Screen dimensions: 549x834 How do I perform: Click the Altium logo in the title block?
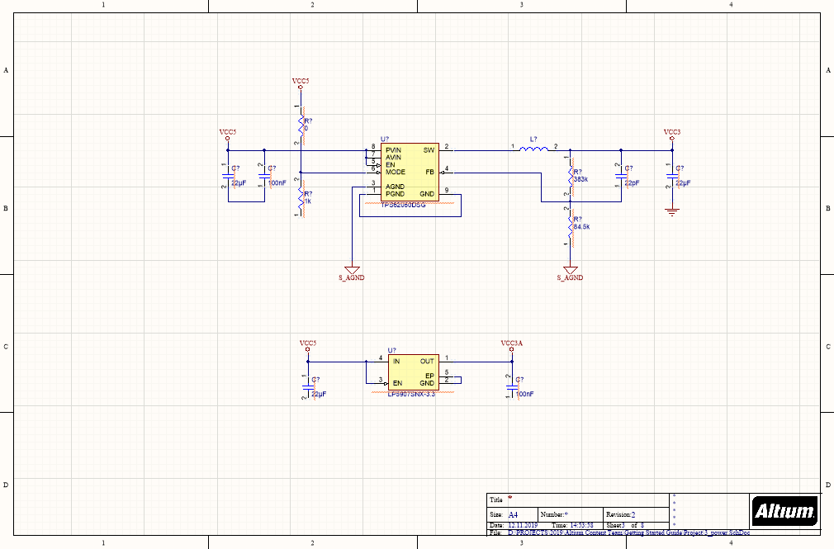pyautogui.click(x=784, y=511)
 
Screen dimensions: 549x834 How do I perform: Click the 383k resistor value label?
pyautogui.click(x=580, y=179)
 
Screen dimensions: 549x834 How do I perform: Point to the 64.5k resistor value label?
pyautogui.click(x=580, y=226)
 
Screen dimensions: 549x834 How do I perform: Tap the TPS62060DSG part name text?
pyautogui.click(x=402, y=203)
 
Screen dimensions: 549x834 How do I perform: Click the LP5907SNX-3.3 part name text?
pyautogui.click(x=410, y=395)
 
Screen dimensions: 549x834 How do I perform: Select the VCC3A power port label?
pyautogui.click(x=511, y=343)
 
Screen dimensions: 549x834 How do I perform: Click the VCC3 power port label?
pyautogui.click(x=671, y=132)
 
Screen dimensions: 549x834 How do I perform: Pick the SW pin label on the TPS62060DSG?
pyautogui.click(x=429, y=150)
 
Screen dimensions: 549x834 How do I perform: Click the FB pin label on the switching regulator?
pyautogui.click(x=429, y=172)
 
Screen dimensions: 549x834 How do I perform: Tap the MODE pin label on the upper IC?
pyautogui.click(x=395, y=172)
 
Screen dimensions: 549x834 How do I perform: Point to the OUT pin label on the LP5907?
pyautogui.click(x=427, y=361)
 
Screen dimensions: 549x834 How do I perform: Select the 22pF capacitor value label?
pyautogui.click(x=633, y=182)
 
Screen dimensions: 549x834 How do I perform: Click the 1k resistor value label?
pyautogui.click(x=307, y=201)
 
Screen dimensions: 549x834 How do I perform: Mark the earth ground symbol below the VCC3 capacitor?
pyautogui.click(x=672, y=213)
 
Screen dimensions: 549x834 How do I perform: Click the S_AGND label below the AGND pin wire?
pyautogui.click(x=351, y=278)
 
